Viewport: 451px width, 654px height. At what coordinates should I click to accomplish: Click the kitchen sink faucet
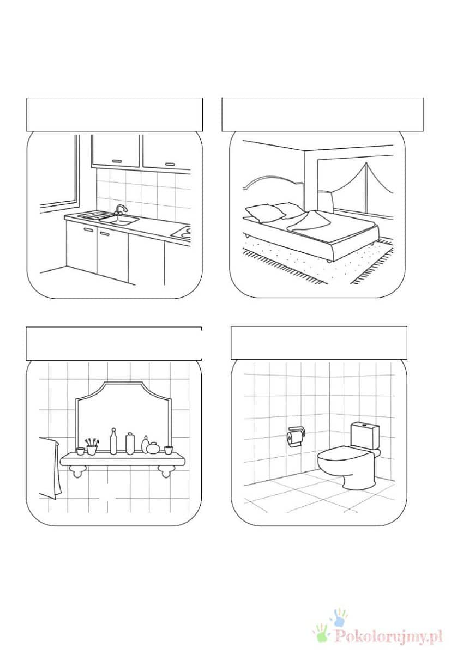coord(121,210)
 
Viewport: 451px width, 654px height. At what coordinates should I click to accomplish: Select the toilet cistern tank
coord(364,435)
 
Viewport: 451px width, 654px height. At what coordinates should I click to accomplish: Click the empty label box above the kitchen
coord(115,114)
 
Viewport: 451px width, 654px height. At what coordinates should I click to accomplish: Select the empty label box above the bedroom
coord(322,114)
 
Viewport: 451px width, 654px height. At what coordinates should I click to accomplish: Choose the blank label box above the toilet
coord(319,343)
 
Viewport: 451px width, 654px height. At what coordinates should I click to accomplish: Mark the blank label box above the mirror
coord(114,343)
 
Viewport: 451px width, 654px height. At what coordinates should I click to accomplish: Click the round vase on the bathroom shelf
coord(153,448)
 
